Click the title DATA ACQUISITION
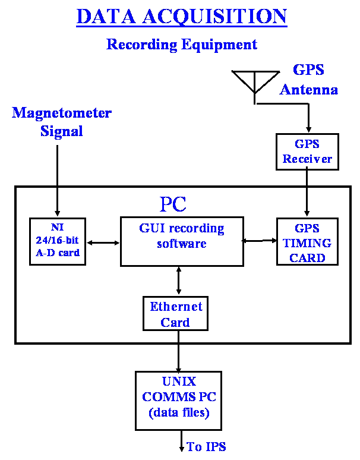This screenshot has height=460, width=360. [181, 17]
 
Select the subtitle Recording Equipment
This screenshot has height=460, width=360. [181, 45]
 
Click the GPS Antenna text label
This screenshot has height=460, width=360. [309, 80]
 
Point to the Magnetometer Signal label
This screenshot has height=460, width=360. [62, 121]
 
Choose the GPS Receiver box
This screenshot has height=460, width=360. [307, 152]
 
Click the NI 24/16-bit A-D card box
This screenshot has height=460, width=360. [58, 241]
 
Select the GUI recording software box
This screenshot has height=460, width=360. [182, 241]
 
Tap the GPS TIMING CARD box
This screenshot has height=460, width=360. [307, 241]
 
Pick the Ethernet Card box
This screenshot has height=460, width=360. [175, 314]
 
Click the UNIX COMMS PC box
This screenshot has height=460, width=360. [178, 401]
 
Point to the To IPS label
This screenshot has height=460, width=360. [206, 446]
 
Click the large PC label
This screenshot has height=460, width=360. [173, 204]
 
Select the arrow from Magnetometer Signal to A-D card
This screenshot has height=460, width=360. [58, 181]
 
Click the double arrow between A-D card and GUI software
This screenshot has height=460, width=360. [103, 242]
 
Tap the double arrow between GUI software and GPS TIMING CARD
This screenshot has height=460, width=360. [259, 241]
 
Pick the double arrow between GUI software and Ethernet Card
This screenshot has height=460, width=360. [179, 281]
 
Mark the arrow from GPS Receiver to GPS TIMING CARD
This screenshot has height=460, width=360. [307, 191]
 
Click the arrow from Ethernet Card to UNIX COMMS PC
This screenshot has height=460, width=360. [178, 351]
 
